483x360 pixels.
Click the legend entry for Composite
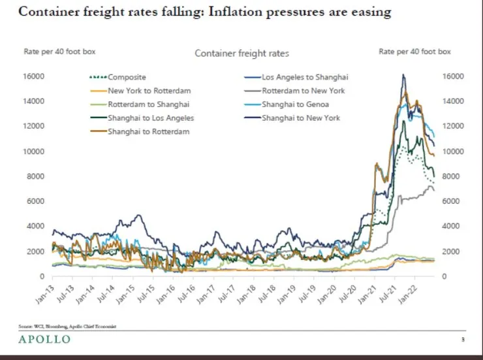pos(127,77)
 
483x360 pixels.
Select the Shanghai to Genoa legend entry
pos(296,105)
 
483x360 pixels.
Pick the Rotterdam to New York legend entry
pos(304,91)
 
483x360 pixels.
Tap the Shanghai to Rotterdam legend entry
pos(149,132)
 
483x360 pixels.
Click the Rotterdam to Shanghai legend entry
pos(149,105)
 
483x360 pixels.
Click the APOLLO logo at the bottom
pos(44,340)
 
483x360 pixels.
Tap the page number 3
pos(463,340)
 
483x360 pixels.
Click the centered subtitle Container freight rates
pos(241,54)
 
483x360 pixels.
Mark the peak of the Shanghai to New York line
pos(403,75)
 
